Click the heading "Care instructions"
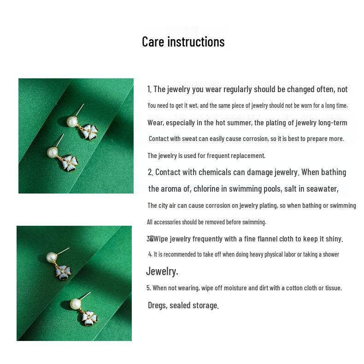[x=183, y=41]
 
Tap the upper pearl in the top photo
[x=72, y=122]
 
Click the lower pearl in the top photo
[x=52, y=152]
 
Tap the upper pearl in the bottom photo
[x=52, y=257]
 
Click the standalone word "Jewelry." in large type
[x=162, y=271]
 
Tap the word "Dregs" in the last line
[x=157, y=305]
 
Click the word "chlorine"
[x=206, y=188]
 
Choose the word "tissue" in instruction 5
[x=333, y=288]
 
